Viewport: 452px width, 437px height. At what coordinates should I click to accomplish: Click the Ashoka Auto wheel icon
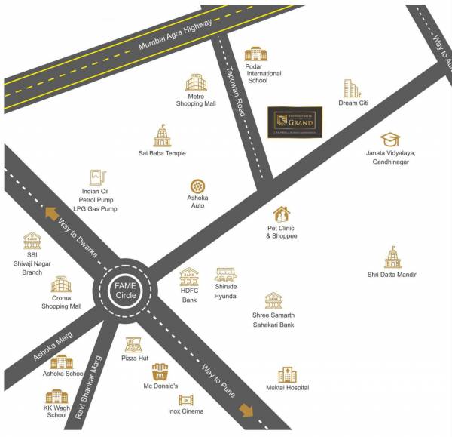pyautogui.click(x=197, y=186)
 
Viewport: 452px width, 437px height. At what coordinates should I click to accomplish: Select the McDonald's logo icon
pyautogui.click(x=160, y=372)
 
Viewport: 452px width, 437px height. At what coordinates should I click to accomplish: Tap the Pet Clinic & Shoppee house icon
pyautogui.click(x=281, y=214)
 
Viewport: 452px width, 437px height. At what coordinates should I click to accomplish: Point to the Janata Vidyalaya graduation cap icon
pyautogui.click(x=389, y=140)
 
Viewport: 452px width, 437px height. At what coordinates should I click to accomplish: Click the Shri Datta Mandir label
pyautogui.click(x=392, y=275)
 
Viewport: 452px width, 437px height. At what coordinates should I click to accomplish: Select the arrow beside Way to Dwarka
pyautogui.click(x=51, y=213)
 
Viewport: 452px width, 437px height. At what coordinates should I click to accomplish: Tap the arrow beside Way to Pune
pyautogui.click(x=246, y=410)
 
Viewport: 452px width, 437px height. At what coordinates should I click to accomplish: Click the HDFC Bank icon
pyautogui.click(x=188, y=277)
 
